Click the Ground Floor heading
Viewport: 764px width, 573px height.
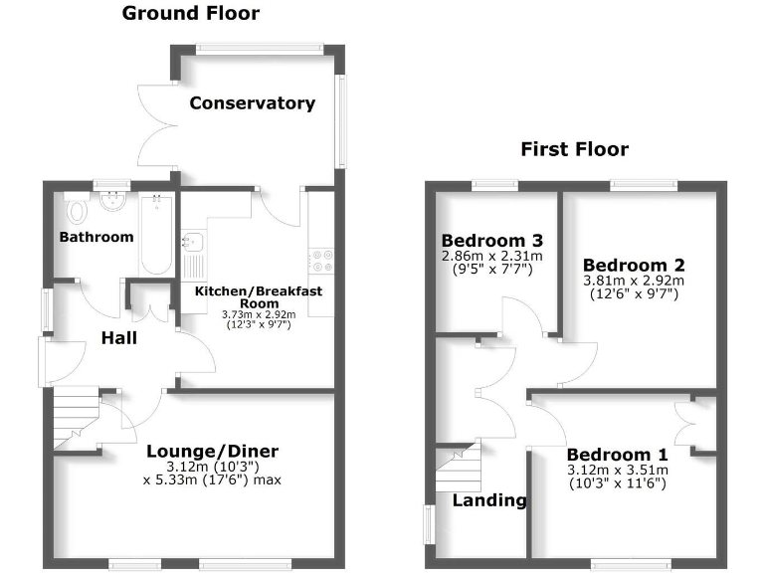pos(190,13)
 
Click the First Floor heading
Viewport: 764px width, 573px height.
pos(574,149)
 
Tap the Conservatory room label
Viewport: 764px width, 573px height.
pos(252,103)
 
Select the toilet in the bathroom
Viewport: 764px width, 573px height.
pos(76,209)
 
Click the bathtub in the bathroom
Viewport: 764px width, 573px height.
pos(156,235)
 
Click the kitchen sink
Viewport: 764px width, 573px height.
pos(192,242)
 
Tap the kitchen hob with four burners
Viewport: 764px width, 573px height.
pos(323,260)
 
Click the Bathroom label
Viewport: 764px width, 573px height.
pos(95,237)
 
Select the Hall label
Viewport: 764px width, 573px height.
pos(118,338)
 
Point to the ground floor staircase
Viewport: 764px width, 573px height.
pos(78,417)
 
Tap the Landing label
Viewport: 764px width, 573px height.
pos(489,500)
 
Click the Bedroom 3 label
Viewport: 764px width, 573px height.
pos(492,241)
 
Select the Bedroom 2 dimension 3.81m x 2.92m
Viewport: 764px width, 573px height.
pos(634,282)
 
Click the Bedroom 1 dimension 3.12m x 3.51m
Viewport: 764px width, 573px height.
pos(617,471)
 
